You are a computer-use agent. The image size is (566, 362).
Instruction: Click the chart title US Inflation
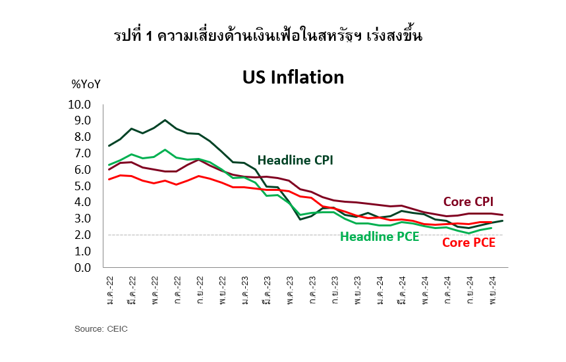click(293, 78)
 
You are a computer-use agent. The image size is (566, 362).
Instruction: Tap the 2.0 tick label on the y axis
click(82, 235)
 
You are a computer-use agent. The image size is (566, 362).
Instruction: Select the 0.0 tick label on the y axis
click(82, 268)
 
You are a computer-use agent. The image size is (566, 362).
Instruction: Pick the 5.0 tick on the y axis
click(82, 186)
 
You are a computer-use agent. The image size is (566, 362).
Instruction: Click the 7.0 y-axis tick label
click(82, 153)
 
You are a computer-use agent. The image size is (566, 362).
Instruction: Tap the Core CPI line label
click(468, 201)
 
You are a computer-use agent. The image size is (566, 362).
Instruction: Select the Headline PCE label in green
click(380, 237)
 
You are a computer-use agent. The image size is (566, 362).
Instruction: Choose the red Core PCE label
click(468, 243)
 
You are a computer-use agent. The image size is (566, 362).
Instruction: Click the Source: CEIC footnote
click(101, 328)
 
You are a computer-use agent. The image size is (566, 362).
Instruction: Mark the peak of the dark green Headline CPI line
click(165, 120)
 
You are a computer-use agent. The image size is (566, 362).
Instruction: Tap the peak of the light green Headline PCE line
click(165, 150)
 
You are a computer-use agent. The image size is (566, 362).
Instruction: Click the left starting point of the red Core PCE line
click(109, 179)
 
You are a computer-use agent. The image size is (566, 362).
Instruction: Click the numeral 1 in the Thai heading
click(150, 37)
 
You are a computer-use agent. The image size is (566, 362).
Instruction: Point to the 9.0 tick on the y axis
click(82, 121)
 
